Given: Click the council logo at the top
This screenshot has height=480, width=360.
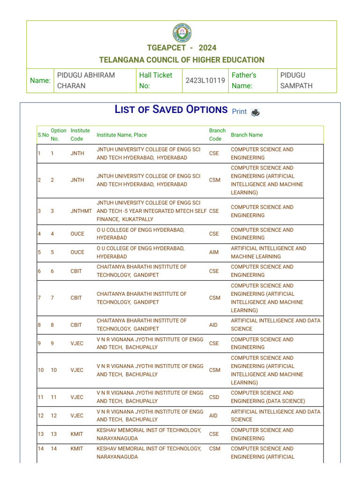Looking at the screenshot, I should pyautogui.click(x=182, y=33).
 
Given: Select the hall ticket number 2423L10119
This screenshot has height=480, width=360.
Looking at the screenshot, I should pyautogui.click(x=205, y=81).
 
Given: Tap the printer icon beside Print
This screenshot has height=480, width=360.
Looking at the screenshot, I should pyautogui.click(x=255, y=112).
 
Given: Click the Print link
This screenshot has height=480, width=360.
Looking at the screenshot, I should pyautogui.click(x=239, y=112).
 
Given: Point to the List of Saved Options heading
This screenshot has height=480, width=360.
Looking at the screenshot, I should pyautogui.click(x=171, y=110).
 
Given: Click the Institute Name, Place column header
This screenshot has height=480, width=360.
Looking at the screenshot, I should pyautogui.click(x=121, y=135).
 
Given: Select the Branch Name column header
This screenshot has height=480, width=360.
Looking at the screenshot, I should pyautogui.click(x=247, y=135).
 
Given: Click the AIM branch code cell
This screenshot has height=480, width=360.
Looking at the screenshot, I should pyautogui.click(x=214, y=252).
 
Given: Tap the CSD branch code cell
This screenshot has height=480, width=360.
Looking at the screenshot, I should pyautogui.click(x=214, y=397).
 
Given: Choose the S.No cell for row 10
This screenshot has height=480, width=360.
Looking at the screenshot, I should pyautogui.click(x=41, y=370).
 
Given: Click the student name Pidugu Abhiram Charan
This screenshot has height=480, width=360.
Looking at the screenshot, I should pyautogui.click(x=86, y=81).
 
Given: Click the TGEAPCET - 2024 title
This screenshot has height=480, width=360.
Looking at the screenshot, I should pyautogui.click(x=182, y=48).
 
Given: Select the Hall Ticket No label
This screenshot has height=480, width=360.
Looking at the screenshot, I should pyautogui.click(x=156, y=81).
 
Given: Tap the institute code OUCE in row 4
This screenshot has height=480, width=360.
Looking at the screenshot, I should pyautogui.click(x=77, y=234).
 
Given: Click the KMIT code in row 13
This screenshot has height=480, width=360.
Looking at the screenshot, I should pyautogui.click(x=77, y=434).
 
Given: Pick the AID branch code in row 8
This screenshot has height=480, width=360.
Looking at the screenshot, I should pyautogui.click(x=214, y=325).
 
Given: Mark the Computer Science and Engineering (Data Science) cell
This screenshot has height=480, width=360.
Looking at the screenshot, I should pyautogui.click(x=268, y=397).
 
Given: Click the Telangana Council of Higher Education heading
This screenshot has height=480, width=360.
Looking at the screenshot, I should pyautogui.click(x=182, y=60).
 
